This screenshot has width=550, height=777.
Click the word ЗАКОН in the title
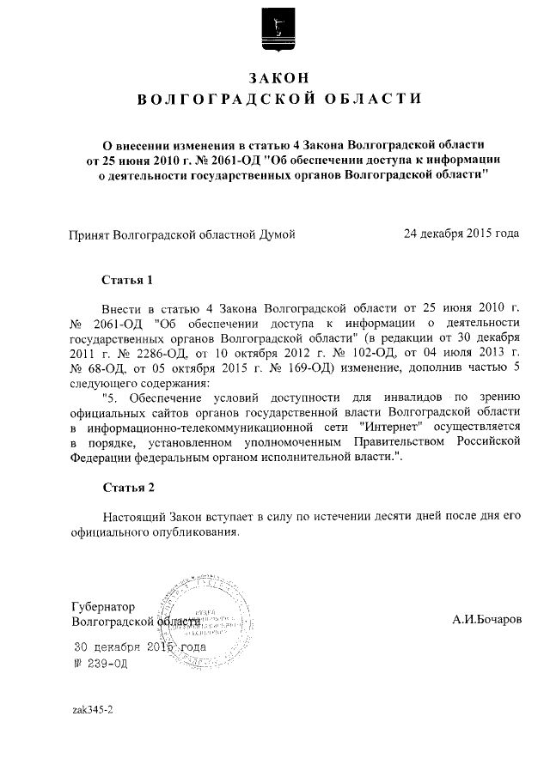point(275,77)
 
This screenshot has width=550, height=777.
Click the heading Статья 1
point(128,280)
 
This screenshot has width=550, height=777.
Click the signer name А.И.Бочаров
point(486,619)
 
